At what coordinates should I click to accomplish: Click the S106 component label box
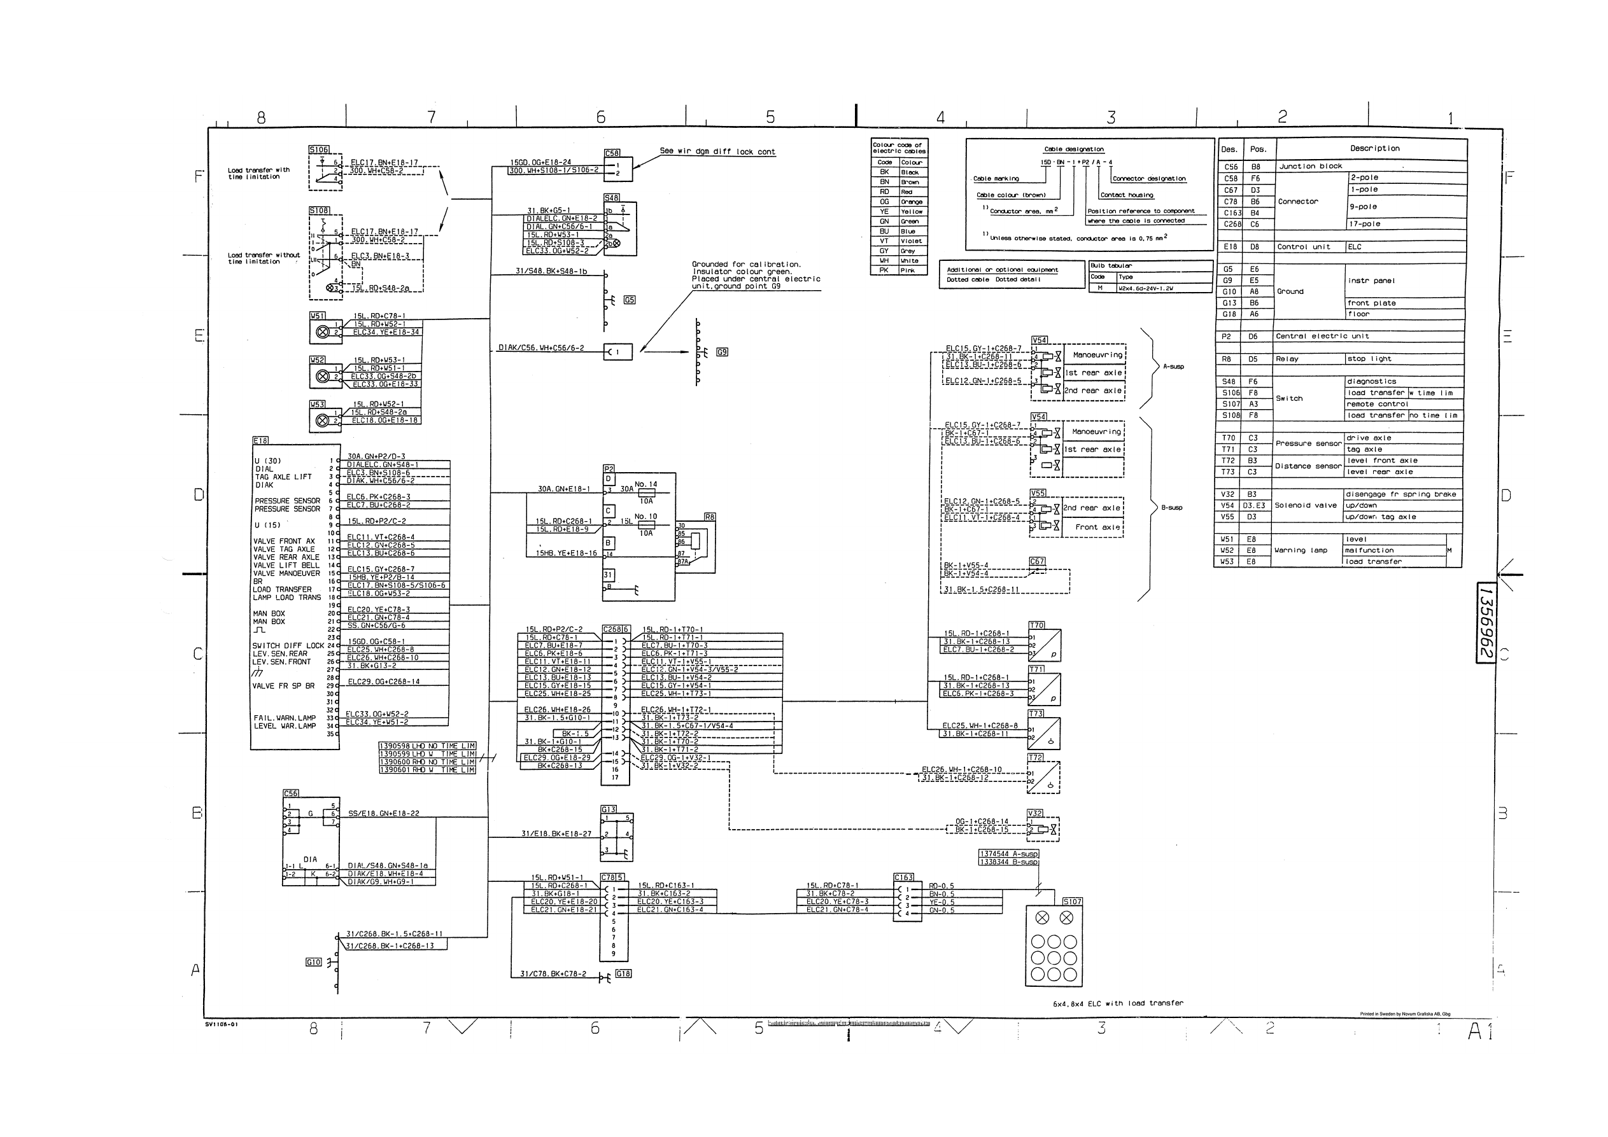[x=319, y=150]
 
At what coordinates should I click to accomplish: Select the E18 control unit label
[x=260, y=441]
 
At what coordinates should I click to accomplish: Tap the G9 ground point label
[x=722, y=352]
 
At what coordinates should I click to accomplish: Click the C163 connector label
[x=903, y=877]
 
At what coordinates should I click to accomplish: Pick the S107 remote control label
[x=1072, y=902]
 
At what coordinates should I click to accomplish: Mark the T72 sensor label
[x=1036, y=758]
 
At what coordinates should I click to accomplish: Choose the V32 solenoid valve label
[x=1035, y=813]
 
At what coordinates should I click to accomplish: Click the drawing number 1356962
[x=1486, y=622]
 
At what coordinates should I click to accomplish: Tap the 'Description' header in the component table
[x=1375, y=148]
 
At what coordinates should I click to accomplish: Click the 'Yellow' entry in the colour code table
[x=911, y=211]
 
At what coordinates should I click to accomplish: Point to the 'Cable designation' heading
[x=1074, y=149]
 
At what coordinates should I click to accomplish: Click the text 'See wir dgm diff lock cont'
[x=717, y=151]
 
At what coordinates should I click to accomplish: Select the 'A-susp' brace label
[x=1173, y=367]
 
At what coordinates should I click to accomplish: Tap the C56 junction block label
[x=291, y=793]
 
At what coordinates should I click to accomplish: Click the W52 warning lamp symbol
[x=323, y=377]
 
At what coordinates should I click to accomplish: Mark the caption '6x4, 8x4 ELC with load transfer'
[x=1118, y=1003]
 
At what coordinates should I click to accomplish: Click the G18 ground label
[x=623, y=974]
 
